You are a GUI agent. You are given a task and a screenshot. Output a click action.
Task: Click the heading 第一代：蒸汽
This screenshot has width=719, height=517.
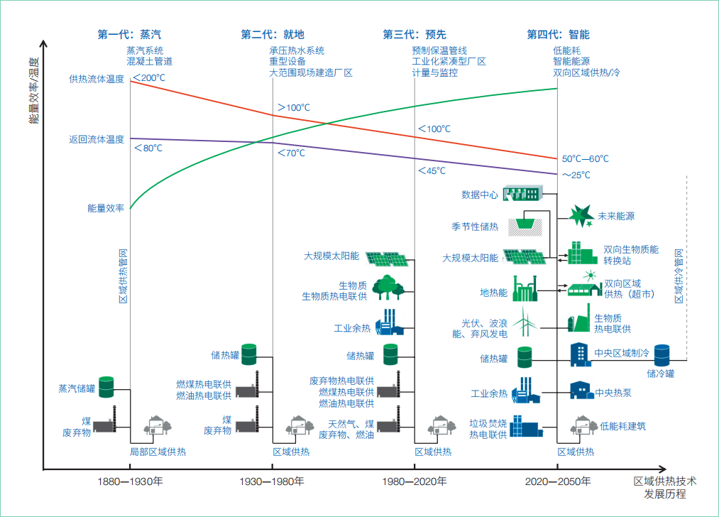tap(130, 34)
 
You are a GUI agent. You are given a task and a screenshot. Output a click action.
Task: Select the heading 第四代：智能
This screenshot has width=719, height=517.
tap(558, 34)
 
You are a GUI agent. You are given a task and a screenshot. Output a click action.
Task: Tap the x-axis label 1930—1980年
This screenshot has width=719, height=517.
tap(272, 481)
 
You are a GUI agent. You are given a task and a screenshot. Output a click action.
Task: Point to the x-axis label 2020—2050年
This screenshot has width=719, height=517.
tap(557, 481)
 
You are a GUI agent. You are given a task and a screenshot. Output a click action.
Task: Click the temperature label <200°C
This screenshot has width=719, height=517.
tap(149, 77)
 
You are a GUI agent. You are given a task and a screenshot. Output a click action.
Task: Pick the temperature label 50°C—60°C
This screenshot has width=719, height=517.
tap(586, 159)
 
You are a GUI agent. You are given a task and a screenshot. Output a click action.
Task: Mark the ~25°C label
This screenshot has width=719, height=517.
tap(576, 175)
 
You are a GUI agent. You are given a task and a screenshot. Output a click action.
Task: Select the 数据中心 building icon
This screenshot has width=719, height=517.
tap(522, 193)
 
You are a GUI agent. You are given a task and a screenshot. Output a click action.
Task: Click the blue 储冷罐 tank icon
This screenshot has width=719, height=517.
tap(662, 354)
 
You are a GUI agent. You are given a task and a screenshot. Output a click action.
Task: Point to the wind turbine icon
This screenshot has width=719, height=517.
tap(525, 322)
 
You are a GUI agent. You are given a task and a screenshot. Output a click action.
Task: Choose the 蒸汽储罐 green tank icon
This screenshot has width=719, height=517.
tap(106, 387)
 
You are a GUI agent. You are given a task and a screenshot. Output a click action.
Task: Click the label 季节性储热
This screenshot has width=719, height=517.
tap(475, 227)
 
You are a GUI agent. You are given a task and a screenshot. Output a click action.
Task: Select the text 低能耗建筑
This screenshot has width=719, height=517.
tap(622, 427)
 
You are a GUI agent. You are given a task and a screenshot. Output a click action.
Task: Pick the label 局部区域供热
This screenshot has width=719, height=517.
tap(158, 452)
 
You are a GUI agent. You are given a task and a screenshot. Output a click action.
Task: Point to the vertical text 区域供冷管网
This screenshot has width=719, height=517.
tap(679, 277)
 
